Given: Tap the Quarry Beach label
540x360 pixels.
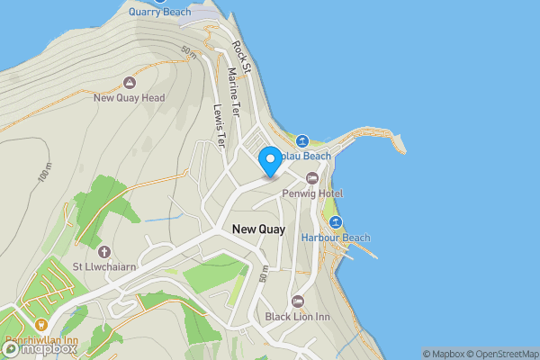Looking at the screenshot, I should point(160,12).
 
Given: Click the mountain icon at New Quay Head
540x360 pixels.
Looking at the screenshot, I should point(129,83).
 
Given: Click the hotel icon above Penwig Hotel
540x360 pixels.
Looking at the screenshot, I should point(312,178).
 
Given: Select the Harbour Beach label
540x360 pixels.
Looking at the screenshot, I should point(336,238).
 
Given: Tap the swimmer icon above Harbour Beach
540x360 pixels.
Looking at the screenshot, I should point(336,222).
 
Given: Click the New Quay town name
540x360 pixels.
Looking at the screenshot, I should point(258,229).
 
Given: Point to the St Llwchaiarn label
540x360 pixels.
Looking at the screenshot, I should point(103,267).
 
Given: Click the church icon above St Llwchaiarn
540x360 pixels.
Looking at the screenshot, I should point(103,252).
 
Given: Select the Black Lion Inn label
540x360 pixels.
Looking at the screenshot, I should point(297,316).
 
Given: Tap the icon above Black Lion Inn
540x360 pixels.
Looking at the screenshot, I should point(297,301).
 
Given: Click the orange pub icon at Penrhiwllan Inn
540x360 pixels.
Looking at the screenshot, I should point(40,325).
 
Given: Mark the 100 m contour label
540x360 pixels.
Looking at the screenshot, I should point(44,173).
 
